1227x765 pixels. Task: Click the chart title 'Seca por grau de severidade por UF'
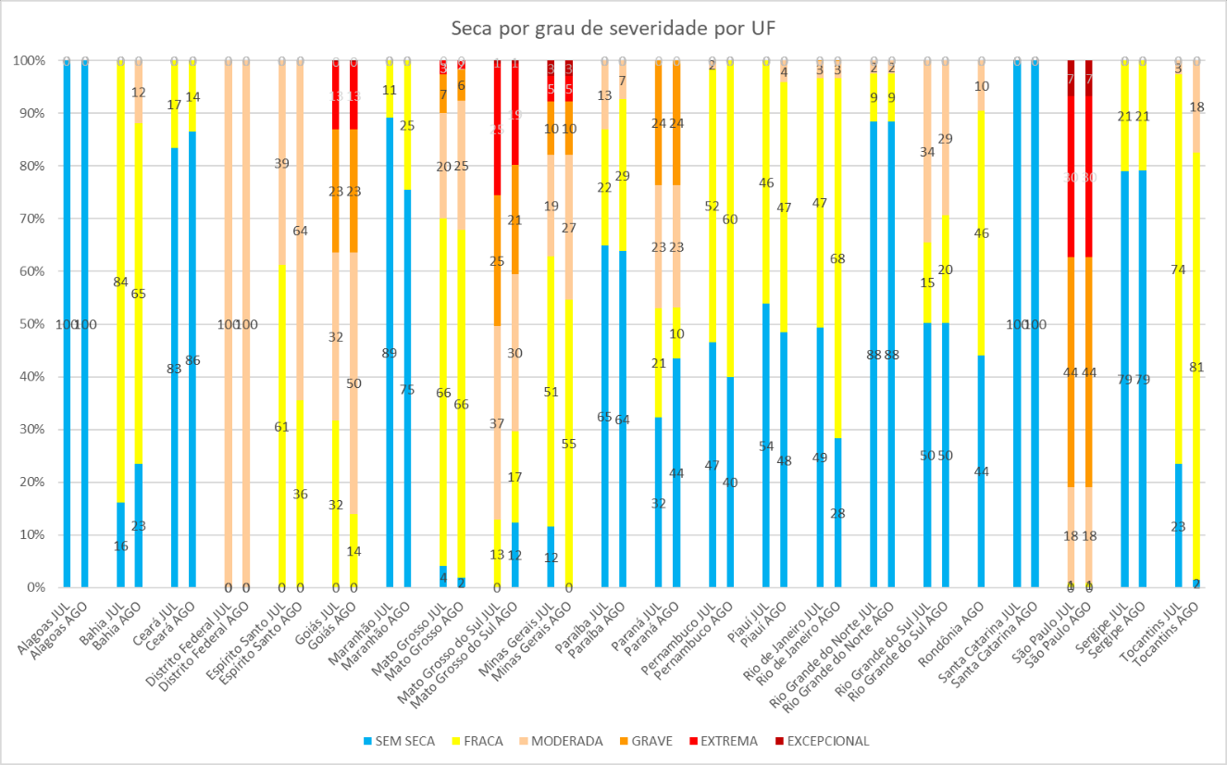pyautogui.click(x=613, y=29)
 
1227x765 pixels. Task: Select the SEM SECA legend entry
pyautogui.click(x=399, y=741)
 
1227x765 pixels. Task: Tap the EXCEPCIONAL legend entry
pyautogui.click(x=825, y=741)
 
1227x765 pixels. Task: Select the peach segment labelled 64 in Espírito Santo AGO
pyautogui.click(x=300, y=232)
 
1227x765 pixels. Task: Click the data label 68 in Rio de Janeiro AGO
pyautogui.click(x=837, y=258)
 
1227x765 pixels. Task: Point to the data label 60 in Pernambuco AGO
pyautogui.click(x=730, y=219)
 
